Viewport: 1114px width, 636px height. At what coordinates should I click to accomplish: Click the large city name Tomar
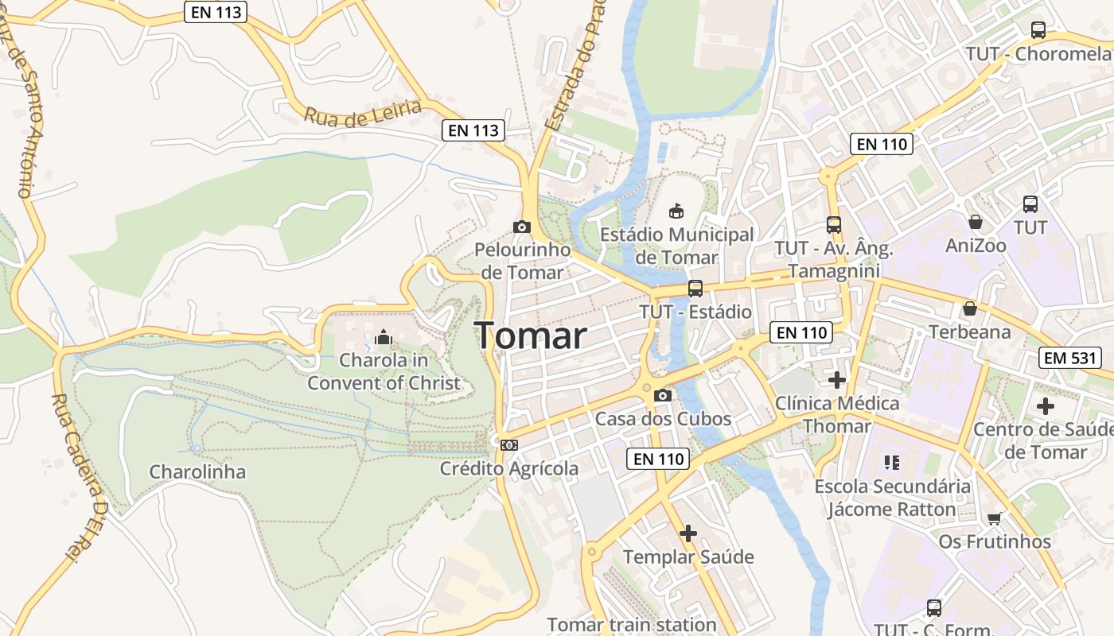click(x=531, y=336)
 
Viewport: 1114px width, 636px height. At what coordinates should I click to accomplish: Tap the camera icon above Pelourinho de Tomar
click(x=522, y=227)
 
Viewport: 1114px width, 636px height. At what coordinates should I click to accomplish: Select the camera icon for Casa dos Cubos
click(x=662, y=395)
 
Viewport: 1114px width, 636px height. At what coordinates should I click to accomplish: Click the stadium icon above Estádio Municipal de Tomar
click(x=676, y=211)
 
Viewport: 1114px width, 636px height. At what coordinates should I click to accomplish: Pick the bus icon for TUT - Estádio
click(x=695, y=289)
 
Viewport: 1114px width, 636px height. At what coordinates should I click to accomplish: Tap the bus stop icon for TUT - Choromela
click(x=1038, y=31)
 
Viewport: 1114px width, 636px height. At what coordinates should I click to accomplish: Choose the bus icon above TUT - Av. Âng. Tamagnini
click(x=834, y=225)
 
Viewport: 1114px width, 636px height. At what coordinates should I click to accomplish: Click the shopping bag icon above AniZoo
click(x=976, y=222)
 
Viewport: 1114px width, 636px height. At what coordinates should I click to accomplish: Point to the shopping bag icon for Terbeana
click(x=969, y=308)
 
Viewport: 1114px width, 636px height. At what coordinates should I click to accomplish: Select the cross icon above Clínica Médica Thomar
click(x=837, y=380)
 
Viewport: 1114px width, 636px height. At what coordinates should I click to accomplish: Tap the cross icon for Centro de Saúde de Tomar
click(x=1046, y=406)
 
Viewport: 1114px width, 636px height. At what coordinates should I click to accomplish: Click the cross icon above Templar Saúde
click(x=688, y=533)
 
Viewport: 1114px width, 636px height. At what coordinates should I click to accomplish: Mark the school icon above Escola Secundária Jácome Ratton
click(x=891, y=463)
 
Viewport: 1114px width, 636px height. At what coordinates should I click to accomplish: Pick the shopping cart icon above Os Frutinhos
click(x=994, y=519)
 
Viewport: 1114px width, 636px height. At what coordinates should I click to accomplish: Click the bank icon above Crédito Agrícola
click(x=509, y=445)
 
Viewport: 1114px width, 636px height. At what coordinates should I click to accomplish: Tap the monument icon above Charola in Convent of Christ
click(x=384, y=338)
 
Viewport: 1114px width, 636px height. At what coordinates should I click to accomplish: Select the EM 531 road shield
click(x=1070, y=358)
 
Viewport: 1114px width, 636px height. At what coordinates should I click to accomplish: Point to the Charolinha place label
click(x=198, y=472)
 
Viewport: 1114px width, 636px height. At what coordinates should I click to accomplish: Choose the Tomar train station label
click(x=632, y=625)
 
